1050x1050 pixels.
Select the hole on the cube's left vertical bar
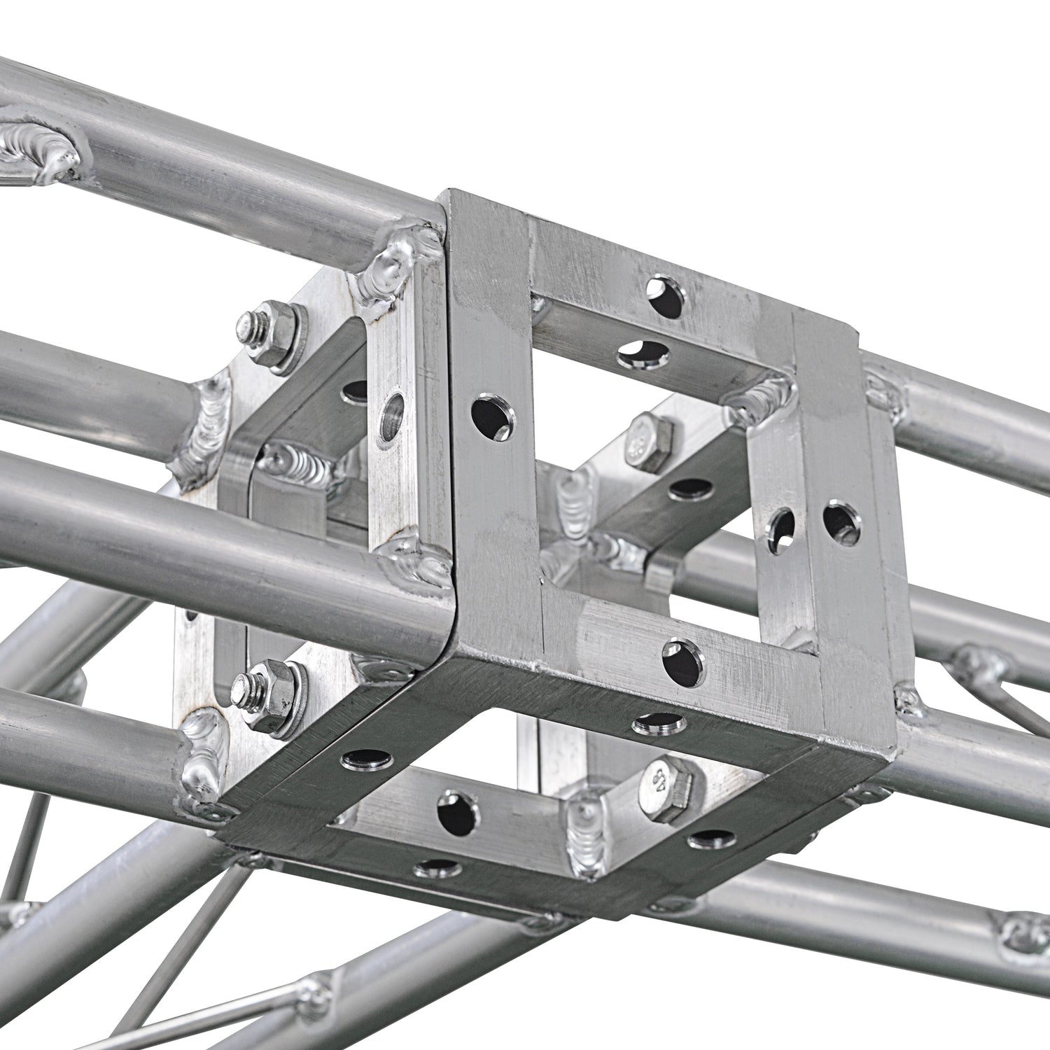(493, 419)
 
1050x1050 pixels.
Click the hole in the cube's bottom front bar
(683, 661)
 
